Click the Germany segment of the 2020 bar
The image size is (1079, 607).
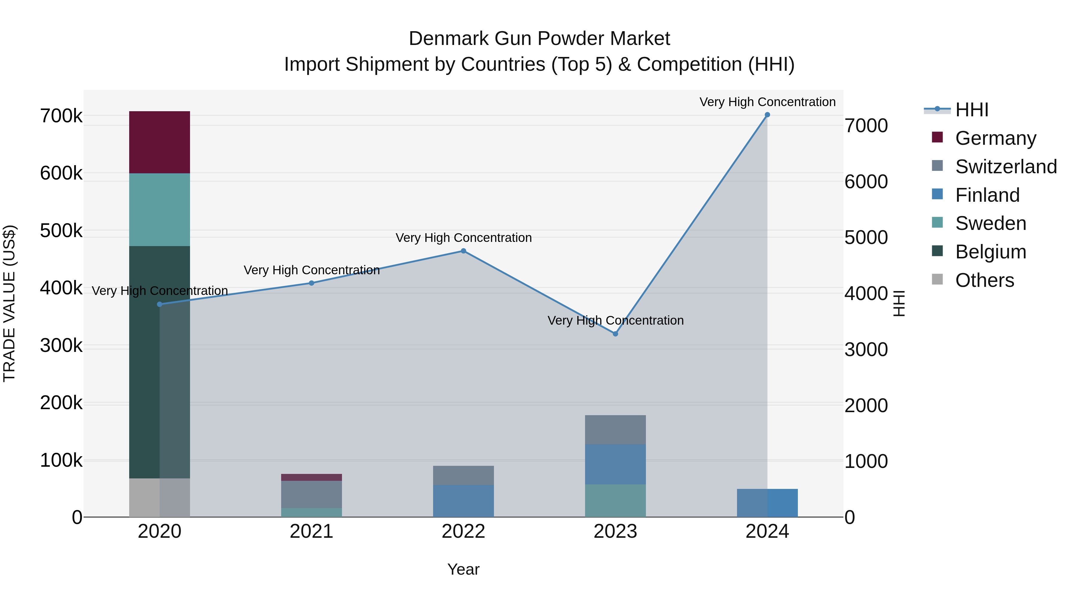[x=159, y=142]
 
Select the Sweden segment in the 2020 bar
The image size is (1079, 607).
[x=159, y=210]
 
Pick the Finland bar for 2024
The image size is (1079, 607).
[x=767, y=503]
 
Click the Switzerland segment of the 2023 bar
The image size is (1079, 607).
[x=615, y=429]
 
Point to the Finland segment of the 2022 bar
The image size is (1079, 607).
[x=463, y=501]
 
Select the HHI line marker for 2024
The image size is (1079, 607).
[x=767, y=115]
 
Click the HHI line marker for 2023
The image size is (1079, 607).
[x=615, y=334]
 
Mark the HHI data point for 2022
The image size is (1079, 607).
[x=463, y=251]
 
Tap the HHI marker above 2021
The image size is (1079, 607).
[x=311, y=283]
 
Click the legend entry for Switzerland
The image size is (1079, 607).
[x=1005, y=166]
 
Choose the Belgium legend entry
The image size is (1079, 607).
[x=990, y=252]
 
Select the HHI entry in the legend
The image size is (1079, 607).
[x=971, y=110]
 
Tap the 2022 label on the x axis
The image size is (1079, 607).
[x=463, y=531]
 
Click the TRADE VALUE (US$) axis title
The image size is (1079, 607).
[x=9, y=303]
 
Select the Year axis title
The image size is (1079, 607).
[x=463, y=569]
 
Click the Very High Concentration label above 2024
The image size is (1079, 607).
[x=767, y=102]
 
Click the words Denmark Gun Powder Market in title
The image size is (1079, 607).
[x=539, y=39]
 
